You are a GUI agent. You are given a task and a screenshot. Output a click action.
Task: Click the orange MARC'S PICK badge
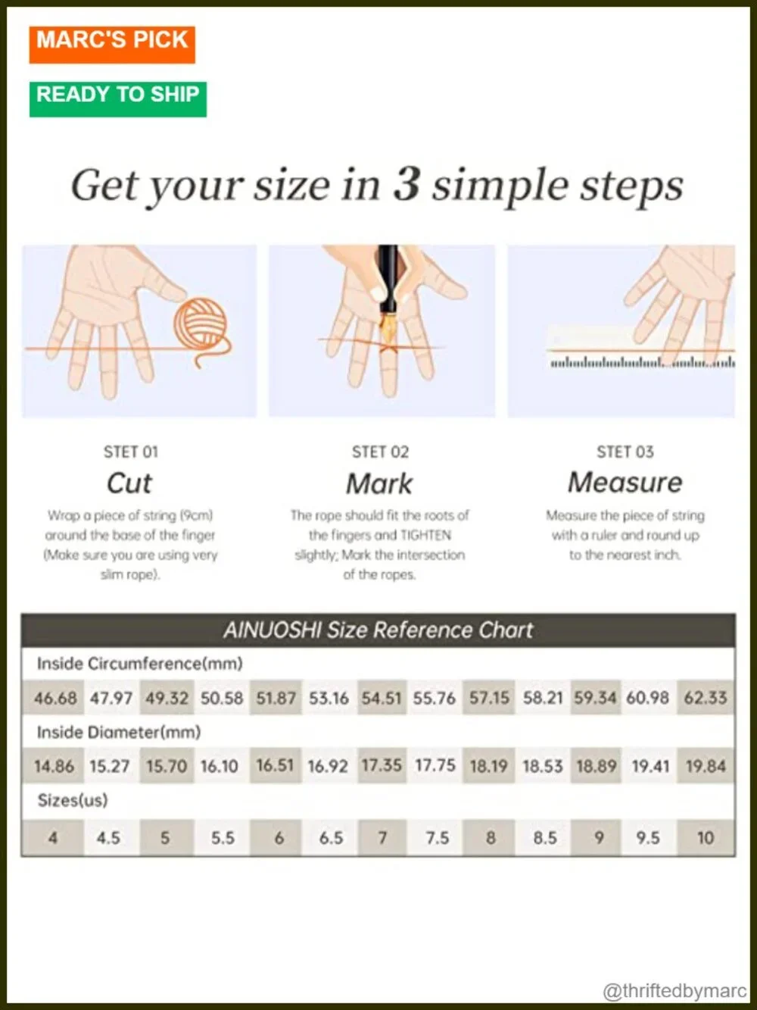tap(112, 44)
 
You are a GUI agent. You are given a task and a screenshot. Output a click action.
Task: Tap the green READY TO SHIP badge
tap(118, 99)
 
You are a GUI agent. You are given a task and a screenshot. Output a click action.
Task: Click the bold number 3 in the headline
tap(407, 185)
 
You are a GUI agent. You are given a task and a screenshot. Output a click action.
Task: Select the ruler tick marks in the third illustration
tap(642, 363)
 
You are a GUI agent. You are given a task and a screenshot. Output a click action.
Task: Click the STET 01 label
tap(131, 452)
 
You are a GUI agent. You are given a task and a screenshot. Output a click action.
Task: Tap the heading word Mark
tap(379, 483)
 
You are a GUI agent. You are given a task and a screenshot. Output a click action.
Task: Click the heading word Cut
tap(129, 483)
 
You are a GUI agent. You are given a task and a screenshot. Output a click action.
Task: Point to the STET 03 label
tap(625, 452)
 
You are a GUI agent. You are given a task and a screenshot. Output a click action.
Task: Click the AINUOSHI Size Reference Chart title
tap(378, 630)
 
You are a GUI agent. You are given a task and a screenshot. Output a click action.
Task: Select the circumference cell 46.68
tap(55, 698)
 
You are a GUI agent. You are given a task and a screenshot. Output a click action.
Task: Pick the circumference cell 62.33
tap(706, 698)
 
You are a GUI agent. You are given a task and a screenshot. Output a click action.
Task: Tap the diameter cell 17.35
tap(382, 766)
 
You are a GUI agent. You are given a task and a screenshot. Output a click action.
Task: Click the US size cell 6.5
tap(332, 838)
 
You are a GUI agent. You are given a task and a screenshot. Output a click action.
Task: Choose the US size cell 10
tap(706, 838)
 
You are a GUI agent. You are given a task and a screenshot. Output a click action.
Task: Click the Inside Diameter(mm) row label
tap(119, 732)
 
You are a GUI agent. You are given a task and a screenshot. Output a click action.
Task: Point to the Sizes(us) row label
tap(72, 801)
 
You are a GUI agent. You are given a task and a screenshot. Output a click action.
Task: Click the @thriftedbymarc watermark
tap(674, 990)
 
